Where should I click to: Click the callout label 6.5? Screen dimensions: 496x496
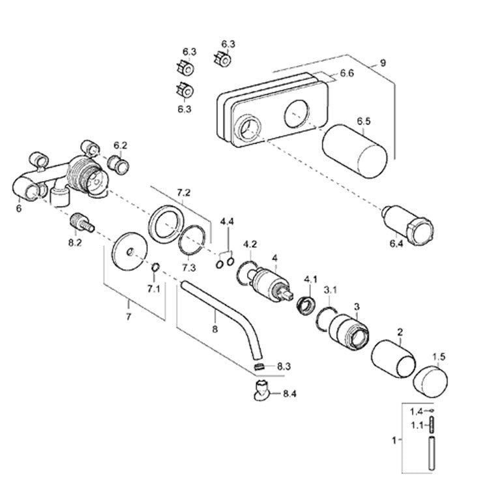point(364,121)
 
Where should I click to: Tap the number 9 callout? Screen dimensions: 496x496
point(383,63)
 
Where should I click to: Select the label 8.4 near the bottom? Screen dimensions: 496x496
point(289,394)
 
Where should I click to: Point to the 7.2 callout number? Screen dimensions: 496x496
point(183,192)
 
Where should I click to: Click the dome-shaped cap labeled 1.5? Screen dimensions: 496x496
point(431,381)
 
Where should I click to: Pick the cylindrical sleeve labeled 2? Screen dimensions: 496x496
point(393,359)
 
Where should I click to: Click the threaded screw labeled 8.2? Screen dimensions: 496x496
point(81,223)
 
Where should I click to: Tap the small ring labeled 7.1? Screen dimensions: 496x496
point(155,267)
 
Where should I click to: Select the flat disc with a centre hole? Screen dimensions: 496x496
point(130,252)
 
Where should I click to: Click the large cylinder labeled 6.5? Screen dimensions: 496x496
point(355,151)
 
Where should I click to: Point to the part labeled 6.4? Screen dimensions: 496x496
point(408,226)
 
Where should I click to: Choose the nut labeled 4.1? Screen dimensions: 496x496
point(306,305)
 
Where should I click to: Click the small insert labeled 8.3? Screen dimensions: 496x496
point(259,366)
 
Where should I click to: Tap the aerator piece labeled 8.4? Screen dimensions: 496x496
point(261,390)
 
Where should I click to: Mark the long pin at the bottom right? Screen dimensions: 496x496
point(431,453)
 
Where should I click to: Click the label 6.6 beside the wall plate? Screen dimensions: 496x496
point(347,73)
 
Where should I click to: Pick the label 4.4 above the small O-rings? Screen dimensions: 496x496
point(227,221)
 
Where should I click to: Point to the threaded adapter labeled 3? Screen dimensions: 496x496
point(349,332)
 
